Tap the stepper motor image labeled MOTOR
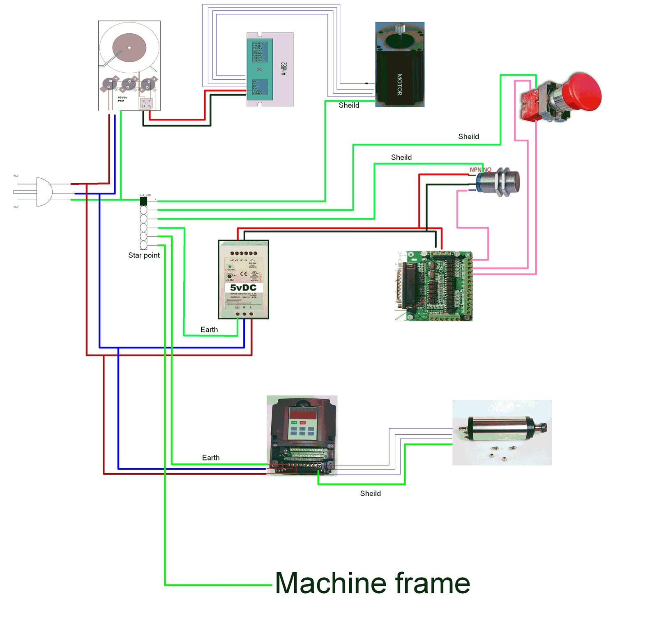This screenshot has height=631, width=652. [x=399, y=65]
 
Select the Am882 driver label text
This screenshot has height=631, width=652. [x=284, y=69]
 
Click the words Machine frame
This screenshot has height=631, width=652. [x=372, y=583]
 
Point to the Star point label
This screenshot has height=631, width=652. [x=144, y=255]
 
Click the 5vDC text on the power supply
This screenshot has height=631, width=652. [x=243, y=288]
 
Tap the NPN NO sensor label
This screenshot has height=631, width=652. [x=480, y=170]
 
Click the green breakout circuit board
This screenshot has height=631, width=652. [x=434, y=286]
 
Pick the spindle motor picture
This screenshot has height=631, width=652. [x=502, y=432]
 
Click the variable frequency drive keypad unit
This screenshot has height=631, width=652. [x=302, y=435]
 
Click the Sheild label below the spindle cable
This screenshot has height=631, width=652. [x=370, y=493]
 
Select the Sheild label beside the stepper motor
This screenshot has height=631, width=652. [x=349, y=105]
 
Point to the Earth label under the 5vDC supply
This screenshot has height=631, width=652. [x=209, y=329]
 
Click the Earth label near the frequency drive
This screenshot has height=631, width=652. [x=211, y=458]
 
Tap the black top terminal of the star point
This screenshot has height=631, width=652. [x=143, y=201]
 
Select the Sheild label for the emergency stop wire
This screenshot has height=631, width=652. [x=468, y=136]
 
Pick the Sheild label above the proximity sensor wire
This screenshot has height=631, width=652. [x=401, y=157]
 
